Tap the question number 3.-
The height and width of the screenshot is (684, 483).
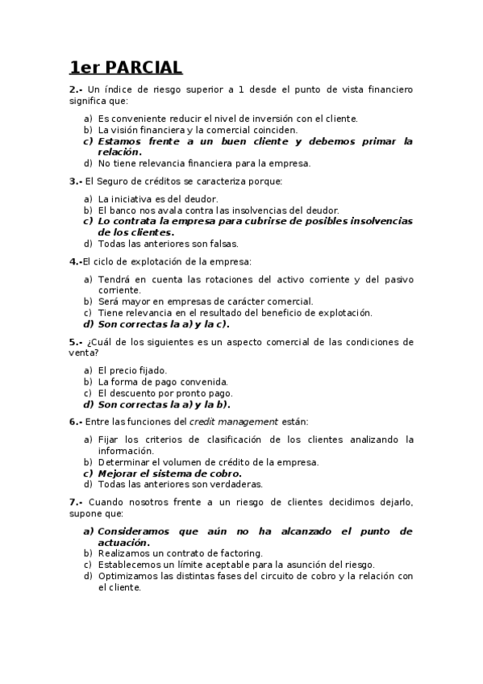(76, 181)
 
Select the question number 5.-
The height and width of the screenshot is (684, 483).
(76, 341)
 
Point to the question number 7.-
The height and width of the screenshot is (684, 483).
(76, 502)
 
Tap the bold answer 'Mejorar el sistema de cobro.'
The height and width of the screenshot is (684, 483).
(169, 473)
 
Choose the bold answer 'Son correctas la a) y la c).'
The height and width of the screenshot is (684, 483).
(164, 324)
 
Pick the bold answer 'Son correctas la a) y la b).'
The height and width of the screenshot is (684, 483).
(164, 404)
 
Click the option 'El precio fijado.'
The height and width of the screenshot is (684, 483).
(132, 370)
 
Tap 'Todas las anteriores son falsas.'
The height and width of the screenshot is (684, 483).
(168, 244)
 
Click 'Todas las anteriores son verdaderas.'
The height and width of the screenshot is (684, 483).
(180, 485)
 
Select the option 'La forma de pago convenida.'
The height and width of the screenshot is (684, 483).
(163, 382)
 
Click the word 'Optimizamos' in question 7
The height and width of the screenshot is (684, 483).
(130, 576)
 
